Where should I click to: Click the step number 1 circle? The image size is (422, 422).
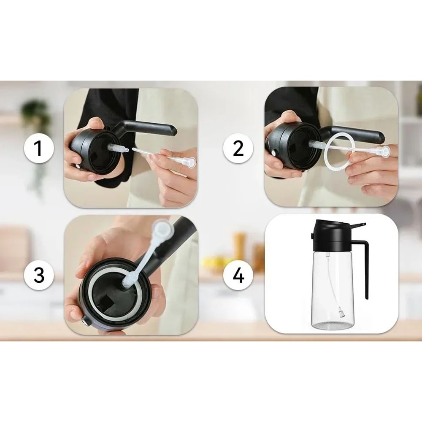pyautogui.click(x=38, y=149)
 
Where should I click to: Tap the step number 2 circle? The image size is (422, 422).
pyautogui.click(x=238, y=149)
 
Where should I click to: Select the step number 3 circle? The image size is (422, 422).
pyautogui.click(x=38, y=275)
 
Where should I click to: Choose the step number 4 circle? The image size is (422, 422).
pyautogui.click(x=238, y=275)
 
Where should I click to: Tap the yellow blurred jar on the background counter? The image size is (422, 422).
pyautogui.click(x=240, y=245)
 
